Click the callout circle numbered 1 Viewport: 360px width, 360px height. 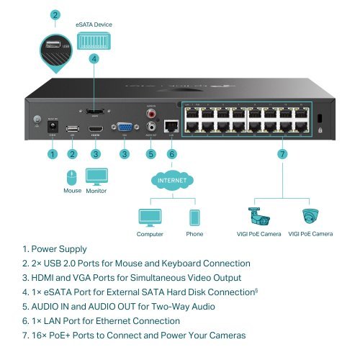(52, 153)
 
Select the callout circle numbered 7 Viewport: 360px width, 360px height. (282, 153)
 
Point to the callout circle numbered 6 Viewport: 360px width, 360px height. (171, 153)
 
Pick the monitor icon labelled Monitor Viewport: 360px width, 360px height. (96, 176)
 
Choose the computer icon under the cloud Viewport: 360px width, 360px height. (150, 217)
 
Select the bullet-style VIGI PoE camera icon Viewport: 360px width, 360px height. (258, 217)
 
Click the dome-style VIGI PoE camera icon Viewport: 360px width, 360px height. (310, 217)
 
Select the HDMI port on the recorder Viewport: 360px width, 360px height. (94, 130)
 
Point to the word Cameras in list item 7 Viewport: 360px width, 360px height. (224, 335)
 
